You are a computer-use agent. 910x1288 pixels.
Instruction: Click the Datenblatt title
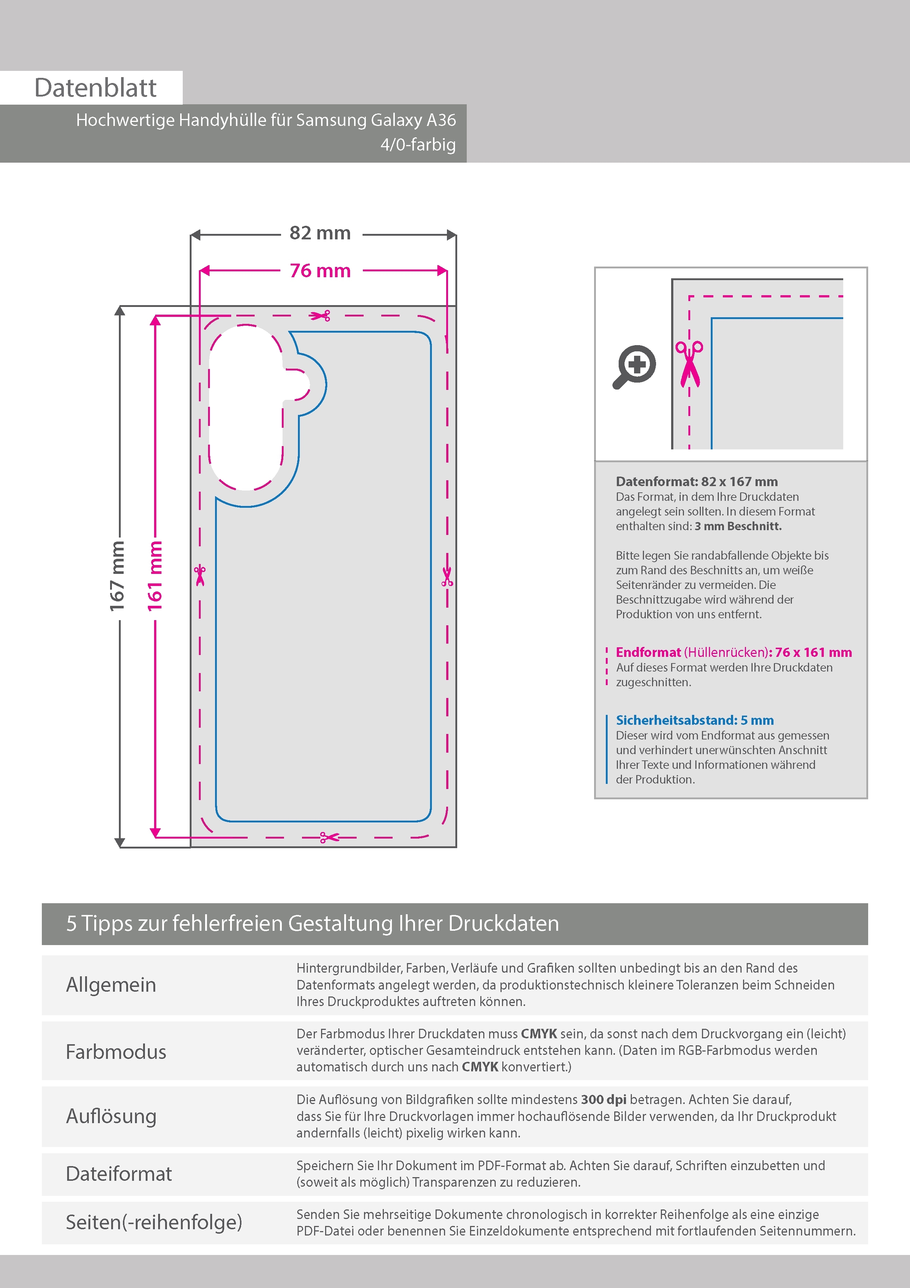point(95,87)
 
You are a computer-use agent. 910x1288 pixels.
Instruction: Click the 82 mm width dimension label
point(320,233)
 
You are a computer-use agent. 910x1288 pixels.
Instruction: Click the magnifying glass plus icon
point(634,366)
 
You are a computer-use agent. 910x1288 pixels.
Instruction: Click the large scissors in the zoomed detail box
point(689,363)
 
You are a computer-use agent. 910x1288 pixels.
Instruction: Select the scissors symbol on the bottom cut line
point(330,837)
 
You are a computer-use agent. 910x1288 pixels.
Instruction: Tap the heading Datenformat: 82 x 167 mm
point(696,481)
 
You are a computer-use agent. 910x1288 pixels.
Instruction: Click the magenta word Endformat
point(648,652)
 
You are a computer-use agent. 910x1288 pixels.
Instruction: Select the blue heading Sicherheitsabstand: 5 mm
point(695,720)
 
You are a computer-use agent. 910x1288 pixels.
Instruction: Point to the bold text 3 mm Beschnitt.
point(738,526)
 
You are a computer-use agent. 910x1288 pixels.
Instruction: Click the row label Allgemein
point(111,985)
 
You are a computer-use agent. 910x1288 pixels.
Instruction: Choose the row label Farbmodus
point(116,1052)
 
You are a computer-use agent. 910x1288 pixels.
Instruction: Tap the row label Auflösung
point(111,1116)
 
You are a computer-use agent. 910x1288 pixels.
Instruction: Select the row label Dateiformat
point(119,1174)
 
